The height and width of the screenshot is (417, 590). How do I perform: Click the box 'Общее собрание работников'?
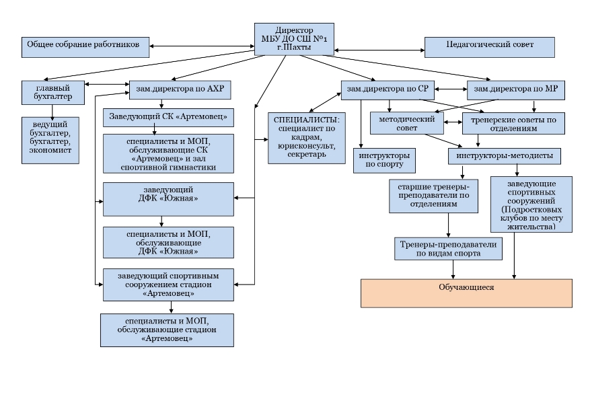(x=85, y=47)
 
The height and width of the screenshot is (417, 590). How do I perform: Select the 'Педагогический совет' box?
(x=490, y=47)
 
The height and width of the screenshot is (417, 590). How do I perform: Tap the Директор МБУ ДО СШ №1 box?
(x=294, y=39)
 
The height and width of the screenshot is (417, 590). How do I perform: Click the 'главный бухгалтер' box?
(x=53, y=93)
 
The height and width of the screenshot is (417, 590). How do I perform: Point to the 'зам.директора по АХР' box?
(x=180, y=90)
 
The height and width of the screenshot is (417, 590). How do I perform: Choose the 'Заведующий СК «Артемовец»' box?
(x=169, y=118)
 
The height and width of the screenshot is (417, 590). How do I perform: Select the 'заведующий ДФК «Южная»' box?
(x=169, y=199)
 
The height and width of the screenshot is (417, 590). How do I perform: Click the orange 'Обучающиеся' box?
(x=467, y=293)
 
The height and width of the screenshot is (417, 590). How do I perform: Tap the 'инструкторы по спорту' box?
(x=385, y=161)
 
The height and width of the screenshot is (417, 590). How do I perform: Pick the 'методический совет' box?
(x=407, y=123)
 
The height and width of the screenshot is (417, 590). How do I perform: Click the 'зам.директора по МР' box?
(x=516, y=90)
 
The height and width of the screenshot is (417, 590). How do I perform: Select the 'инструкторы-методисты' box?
(x=505, y=156)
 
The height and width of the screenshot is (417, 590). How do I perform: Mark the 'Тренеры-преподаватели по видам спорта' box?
(x=449, y=249)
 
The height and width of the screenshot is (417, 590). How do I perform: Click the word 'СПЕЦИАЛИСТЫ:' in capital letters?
(x=307, y=120)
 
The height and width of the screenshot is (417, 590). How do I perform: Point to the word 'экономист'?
(x=50, y=150)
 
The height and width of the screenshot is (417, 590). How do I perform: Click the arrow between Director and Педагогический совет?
(x=379, y=50)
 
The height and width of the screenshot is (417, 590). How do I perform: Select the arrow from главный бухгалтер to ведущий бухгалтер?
(x=52, y=111)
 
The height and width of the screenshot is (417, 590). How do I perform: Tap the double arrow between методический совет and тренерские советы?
(x=453, y=122)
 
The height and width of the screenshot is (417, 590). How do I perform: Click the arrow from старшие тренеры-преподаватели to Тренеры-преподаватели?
(x=449, y=225)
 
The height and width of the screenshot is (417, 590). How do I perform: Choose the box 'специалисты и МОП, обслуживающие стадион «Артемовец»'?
(x=167, y=330)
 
